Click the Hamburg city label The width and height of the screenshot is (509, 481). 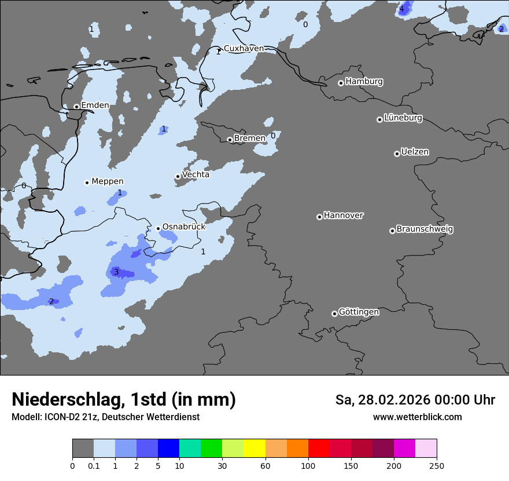point(364,82)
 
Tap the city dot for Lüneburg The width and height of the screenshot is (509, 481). point(379,119)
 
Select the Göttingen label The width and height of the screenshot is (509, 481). point(359,312)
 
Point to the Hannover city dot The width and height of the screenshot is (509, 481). point(319,217)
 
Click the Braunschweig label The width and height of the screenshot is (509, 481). point(425,229)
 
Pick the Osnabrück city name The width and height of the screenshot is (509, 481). point(184,227)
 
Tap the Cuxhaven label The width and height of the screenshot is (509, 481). point(244,49)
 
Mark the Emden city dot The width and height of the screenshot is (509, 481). point(76,107)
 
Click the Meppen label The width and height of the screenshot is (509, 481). point(108,181)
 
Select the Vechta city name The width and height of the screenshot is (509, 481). point(196,174)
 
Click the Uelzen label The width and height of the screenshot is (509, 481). point(415,152)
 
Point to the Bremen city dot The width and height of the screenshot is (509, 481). point(230,140)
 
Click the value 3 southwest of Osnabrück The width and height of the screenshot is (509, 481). point(116,272)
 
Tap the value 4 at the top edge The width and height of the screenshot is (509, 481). point(401,9)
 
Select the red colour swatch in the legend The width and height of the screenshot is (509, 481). point(319,449)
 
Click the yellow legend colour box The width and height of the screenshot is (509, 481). point(254,449)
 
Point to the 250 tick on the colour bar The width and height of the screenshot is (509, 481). point(437,465)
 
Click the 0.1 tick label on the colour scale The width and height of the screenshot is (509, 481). point(94,465)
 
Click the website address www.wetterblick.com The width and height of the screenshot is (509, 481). point(417,417)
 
